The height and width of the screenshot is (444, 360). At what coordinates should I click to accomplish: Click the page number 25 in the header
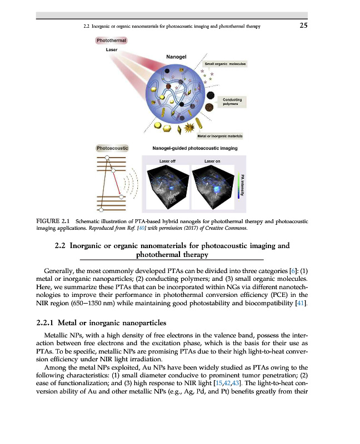tap(303, 26)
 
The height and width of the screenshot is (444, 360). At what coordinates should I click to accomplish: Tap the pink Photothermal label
tap(112, 41)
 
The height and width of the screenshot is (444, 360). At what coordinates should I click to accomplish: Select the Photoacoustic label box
tap(112, 148)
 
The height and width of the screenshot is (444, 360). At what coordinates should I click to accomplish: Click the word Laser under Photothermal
tap(112, 50)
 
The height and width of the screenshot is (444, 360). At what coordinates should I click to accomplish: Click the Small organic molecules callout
tap(226, 64)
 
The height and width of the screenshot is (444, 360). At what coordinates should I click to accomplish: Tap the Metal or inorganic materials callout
tap(224, 135)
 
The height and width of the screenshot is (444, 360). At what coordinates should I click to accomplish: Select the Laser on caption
tap(212, 161)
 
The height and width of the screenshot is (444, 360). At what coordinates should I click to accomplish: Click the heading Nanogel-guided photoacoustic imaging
tap(194, 148)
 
